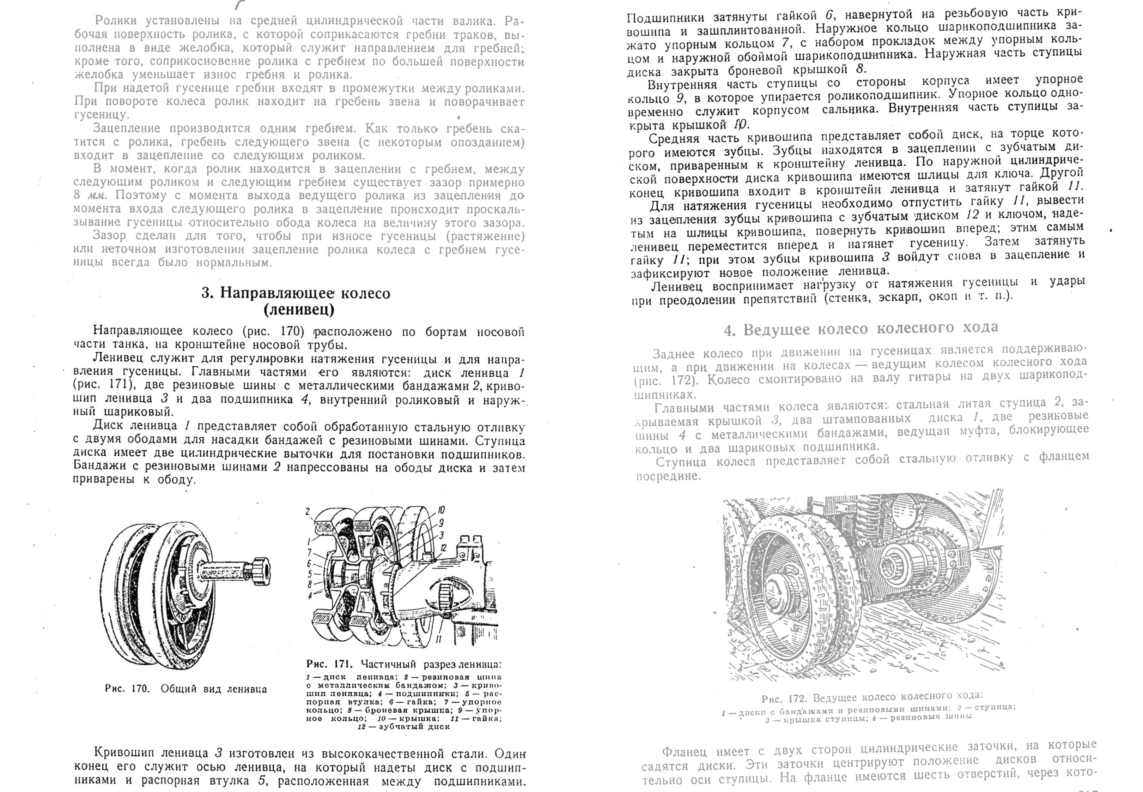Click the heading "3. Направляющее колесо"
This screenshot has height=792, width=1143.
(x=296, y=293)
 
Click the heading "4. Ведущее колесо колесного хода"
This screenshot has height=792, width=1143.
(x=861, y=329)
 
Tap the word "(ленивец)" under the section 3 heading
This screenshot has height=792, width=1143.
(x=299, y=310)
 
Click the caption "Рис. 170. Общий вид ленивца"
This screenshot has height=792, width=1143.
(x=186, y=689)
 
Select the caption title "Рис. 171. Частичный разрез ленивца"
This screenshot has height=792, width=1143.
(x=404, y=664)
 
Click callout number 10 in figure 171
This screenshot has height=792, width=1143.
(x=441, y=510)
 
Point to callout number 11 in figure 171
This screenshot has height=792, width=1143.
(x=438, y=639)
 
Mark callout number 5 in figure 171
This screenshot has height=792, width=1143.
(x=309, y=574)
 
